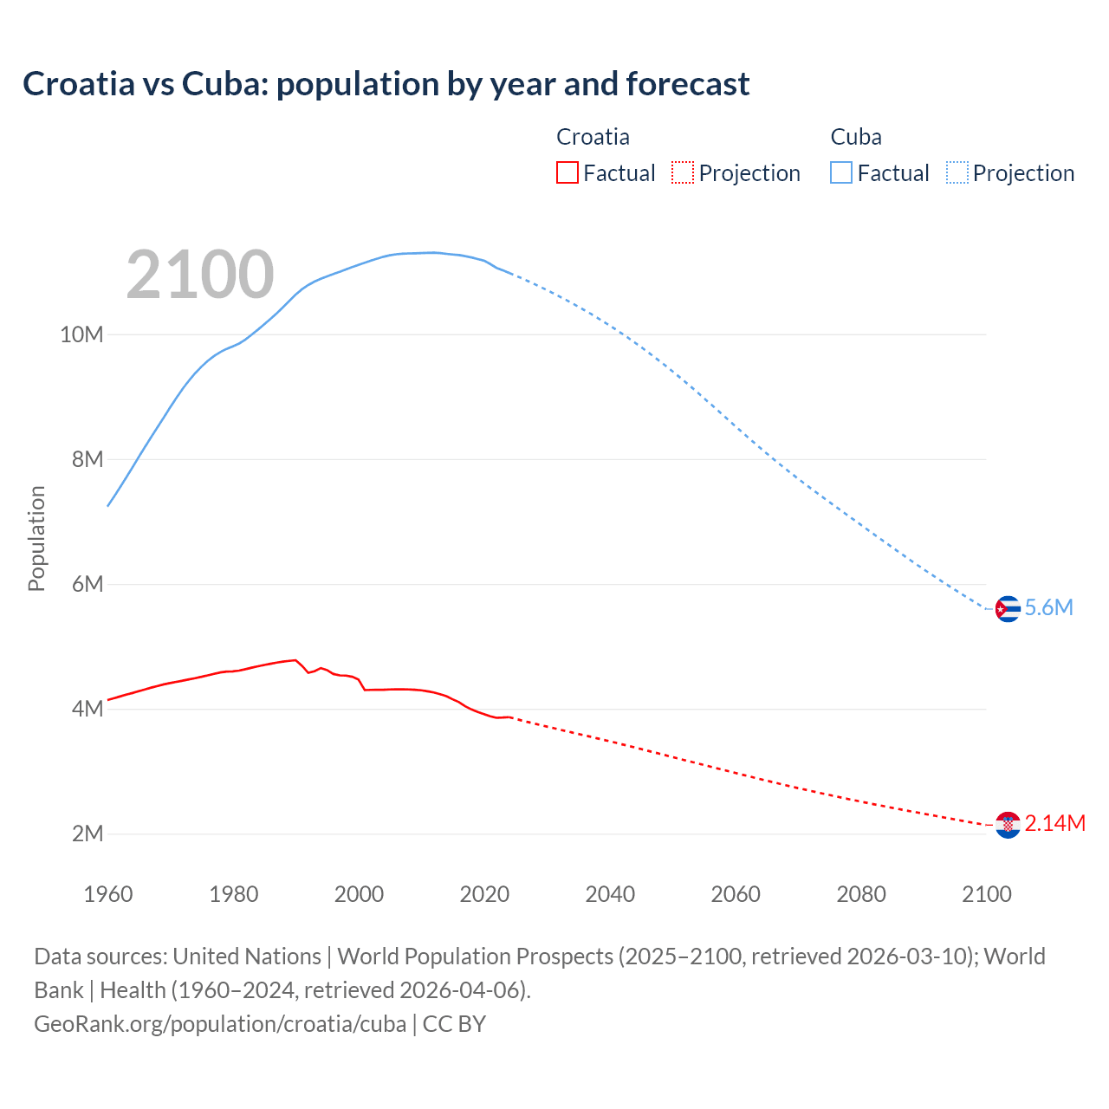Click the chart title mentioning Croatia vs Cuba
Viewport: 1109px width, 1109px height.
click(x=386, y=84)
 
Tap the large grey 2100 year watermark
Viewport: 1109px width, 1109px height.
click(x=200, y=275)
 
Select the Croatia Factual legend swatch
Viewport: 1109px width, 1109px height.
click(x=567, y=173)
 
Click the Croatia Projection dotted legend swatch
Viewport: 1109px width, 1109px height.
click(x=683, y=173)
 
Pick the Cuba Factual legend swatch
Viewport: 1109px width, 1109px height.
click(x=841, y=173)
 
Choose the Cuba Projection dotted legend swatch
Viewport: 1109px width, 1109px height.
click(x=957, y=173)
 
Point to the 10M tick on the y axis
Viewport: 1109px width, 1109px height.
click(x=81, y=334)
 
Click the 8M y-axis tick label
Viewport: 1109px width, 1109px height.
click(x=88, y=459)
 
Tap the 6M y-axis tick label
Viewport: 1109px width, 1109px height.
click(x=88, y=584)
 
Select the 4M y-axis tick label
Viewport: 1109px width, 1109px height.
click(x=88, y=709)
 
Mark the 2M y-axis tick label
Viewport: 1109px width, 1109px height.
click(x=88, y=833)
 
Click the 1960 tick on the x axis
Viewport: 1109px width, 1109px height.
click(x=108, y=894)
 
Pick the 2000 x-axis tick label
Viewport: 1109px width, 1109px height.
click(x=359, y=894)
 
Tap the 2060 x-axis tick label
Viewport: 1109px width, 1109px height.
click(x=736, y=894)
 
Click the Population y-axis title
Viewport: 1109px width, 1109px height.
click(x=36, y=538)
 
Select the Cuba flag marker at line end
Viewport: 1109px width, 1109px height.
click(x=1008, y=609)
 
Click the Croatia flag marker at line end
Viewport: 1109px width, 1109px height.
click(x=1008, y=825)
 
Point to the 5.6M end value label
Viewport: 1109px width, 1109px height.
click(x=1049, y=608)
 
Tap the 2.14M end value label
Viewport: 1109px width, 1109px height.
click(x=1055, y=824)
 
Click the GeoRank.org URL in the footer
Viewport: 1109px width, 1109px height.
click(x=220, y=1024)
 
